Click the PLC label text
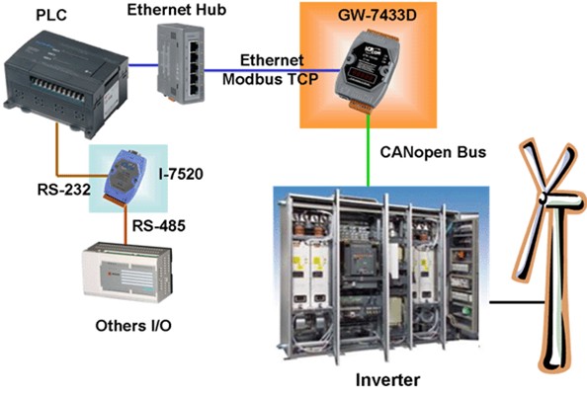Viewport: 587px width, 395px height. pos(51,15)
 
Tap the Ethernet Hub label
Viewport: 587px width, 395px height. pos(177,10)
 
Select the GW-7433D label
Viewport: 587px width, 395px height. pos(377,16)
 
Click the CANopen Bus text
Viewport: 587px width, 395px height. pos(433,152)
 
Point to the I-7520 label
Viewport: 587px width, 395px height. pos(181,174)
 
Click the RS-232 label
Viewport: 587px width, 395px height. pos(64,190)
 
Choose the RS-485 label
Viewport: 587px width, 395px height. pos(159,225)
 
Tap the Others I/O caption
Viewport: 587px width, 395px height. pos(133,326)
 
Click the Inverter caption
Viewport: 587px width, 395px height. pos(387,380)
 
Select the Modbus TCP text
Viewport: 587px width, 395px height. pos(271,79)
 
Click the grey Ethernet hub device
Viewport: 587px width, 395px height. pos(181,63)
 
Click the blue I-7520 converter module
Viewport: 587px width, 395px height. pos(126,176)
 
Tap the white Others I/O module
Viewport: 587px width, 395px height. pos(127,272)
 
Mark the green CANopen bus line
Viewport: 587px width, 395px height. pos(369,150)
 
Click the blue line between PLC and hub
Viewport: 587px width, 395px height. pos(143,65)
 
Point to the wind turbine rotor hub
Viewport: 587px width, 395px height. pos(544,197)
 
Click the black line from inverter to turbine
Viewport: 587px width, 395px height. pos(517,301)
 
